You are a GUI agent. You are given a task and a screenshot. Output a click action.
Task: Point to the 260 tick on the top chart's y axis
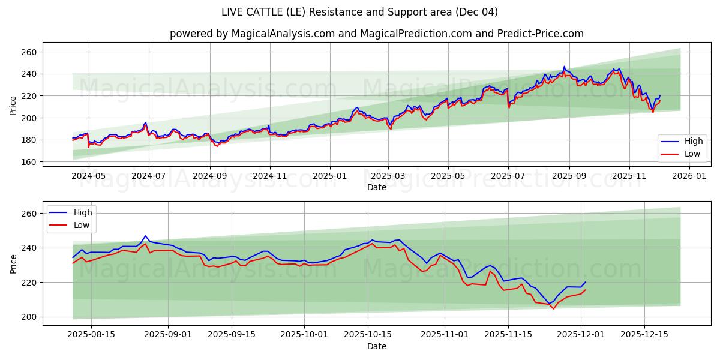29,52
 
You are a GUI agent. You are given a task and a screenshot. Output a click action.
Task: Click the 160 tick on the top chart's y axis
29,162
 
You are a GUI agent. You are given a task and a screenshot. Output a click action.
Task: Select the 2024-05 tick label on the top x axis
89,177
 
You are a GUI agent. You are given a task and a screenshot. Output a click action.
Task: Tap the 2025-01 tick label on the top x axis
329,177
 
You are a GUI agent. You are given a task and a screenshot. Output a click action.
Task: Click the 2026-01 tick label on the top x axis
689,177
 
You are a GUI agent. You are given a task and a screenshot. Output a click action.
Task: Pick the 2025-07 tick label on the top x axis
508,177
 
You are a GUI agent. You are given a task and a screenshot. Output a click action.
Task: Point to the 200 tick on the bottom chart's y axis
29,317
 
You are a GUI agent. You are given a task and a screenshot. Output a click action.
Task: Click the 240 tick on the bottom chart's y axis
29,248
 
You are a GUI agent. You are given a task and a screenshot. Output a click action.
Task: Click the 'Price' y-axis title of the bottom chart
13,263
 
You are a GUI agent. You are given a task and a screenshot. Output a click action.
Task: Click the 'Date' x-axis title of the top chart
376,187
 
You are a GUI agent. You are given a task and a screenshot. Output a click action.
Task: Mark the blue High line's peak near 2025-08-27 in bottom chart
145,236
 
